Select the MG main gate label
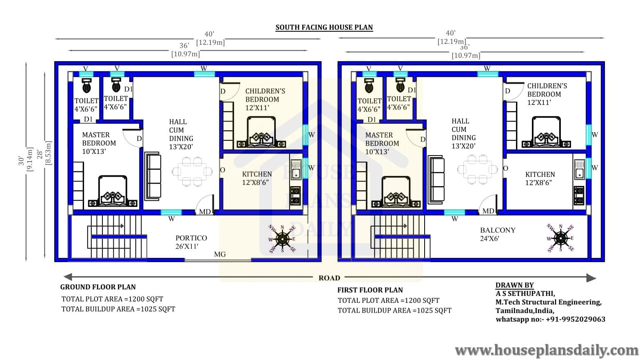tap(220, 254)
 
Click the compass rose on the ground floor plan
tap(282, 239)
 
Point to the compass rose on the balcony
tap(560, 238)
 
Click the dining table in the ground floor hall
tap(192, 171)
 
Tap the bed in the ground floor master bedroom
tap(113, 191)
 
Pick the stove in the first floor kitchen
tap(579, 196)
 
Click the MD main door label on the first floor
tap(488, 211)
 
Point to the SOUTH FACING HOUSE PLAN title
tap(324, 27)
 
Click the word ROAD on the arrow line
tap(329, 278)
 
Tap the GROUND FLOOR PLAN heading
tap(98, 287)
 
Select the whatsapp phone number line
tap(551, 319)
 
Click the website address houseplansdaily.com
tap(547, 351)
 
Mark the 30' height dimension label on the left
tap(21, 161)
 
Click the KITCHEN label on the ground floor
tap(257, 174)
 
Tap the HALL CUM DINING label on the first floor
tap(463, 133)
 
